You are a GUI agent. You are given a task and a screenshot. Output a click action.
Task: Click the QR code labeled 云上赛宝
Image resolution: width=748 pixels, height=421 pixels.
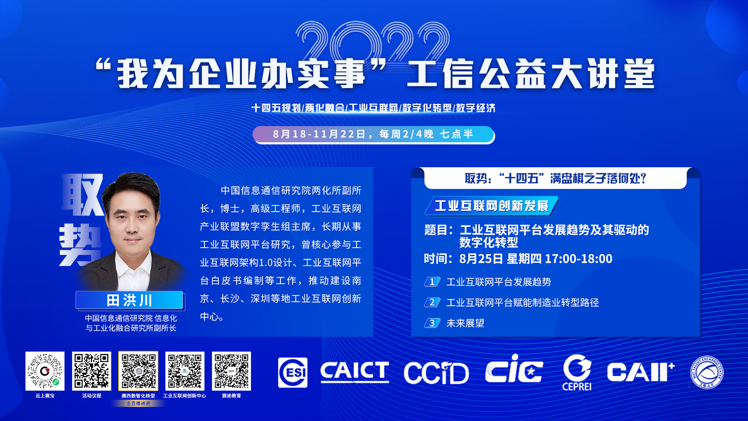(x=45, y=371)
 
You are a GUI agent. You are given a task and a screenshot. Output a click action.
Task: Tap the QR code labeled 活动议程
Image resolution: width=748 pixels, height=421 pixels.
(x=92, y=371)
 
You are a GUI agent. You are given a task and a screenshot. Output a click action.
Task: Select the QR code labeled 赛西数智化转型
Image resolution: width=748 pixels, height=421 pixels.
(x=138, y=371)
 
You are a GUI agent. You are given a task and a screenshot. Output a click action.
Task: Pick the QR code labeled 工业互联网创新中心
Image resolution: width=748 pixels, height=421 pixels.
(x=185, y=371)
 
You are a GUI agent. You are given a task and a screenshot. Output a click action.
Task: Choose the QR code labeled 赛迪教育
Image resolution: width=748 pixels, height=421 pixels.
(x=231, y=371)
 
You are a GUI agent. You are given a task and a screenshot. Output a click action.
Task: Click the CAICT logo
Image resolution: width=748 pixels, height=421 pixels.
(x=355, y=372)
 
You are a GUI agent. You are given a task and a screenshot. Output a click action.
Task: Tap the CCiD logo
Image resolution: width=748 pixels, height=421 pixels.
(x=436, y=373)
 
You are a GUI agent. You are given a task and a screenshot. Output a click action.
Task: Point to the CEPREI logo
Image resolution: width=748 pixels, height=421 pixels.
(x=577, y=372)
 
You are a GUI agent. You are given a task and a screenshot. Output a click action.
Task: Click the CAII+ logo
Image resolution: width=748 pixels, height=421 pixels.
(x=640, y=372)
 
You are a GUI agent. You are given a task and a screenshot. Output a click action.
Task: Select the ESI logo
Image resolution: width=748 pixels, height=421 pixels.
(x=293, y=373)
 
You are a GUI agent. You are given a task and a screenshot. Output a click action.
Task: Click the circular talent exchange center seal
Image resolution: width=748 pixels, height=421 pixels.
(x=707, y=373)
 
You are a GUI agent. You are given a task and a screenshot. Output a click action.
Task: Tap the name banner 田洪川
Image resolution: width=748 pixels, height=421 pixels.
(x=129, y=301)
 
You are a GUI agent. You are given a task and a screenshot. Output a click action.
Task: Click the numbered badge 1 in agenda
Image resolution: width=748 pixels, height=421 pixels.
(x=432, y=282)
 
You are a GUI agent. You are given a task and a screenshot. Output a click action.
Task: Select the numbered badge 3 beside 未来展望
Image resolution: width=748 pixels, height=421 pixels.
(x=432, y=323)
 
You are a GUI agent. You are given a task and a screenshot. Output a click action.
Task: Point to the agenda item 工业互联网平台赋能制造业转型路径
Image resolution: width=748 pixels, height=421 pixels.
(x=522, y=302)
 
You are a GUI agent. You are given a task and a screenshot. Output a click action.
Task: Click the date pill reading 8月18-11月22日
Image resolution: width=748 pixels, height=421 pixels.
(x=373, y=134)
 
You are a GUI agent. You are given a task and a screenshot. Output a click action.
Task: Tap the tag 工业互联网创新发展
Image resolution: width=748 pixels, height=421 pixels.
(x=492, y=206)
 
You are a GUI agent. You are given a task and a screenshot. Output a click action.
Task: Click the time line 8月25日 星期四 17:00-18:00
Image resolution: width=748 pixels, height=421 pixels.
(x=518, y=259)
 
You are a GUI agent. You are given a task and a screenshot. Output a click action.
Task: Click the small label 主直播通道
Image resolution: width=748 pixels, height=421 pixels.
(x=138, y=403)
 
